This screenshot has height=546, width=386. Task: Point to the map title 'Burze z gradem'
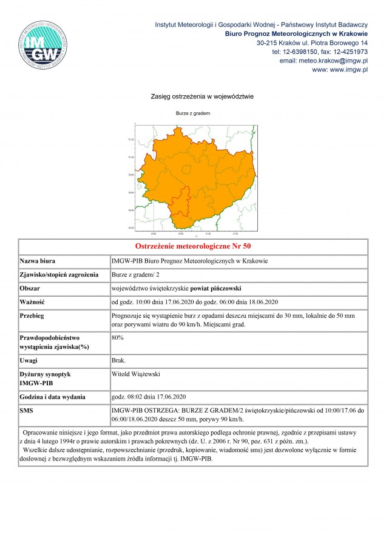[x=193, y=113]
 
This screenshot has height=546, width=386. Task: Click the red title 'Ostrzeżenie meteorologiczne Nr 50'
[x=193, y=247]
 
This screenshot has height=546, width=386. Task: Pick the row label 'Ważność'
[x=33, y=302]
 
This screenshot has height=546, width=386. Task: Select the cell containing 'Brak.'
[x=119, y=360]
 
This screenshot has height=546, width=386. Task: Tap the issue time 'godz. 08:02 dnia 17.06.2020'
[x=148, y=397]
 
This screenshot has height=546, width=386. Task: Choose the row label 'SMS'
[x=28, y=411]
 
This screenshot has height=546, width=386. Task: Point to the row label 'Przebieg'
[x=33, y=316]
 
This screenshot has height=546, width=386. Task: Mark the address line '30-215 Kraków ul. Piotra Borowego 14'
[x=312, y=43]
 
